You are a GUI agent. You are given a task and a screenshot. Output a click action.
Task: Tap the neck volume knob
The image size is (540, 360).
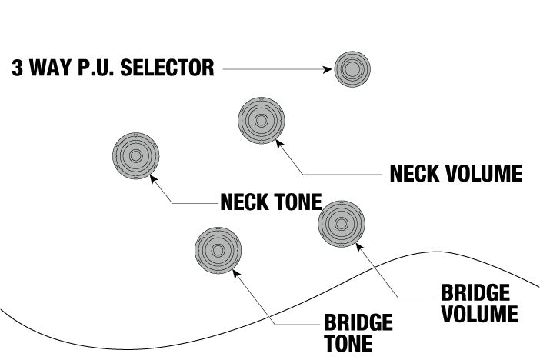262,121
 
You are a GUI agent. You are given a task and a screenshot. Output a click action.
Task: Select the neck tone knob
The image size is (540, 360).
135,155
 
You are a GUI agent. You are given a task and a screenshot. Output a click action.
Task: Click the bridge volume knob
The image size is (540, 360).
341,224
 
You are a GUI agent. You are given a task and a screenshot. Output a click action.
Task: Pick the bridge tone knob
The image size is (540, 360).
218,251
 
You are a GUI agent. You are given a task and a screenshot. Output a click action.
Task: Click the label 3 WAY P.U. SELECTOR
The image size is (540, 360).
112,68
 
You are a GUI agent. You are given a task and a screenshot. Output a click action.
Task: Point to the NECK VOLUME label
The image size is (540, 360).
455,173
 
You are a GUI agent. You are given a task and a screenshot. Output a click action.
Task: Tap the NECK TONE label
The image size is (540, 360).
270,202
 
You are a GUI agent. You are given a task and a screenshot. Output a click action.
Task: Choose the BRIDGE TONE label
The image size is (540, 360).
358,332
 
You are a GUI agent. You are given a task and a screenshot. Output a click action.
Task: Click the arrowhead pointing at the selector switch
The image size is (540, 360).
325,70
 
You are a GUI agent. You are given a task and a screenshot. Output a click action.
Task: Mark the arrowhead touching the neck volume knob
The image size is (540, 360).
278,145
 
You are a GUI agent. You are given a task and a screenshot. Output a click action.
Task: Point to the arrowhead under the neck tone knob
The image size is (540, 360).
154,179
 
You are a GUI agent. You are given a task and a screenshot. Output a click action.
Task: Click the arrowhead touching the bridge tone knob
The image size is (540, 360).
235,275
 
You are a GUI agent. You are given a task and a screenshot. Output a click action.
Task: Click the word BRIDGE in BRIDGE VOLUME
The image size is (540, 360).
475,293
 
